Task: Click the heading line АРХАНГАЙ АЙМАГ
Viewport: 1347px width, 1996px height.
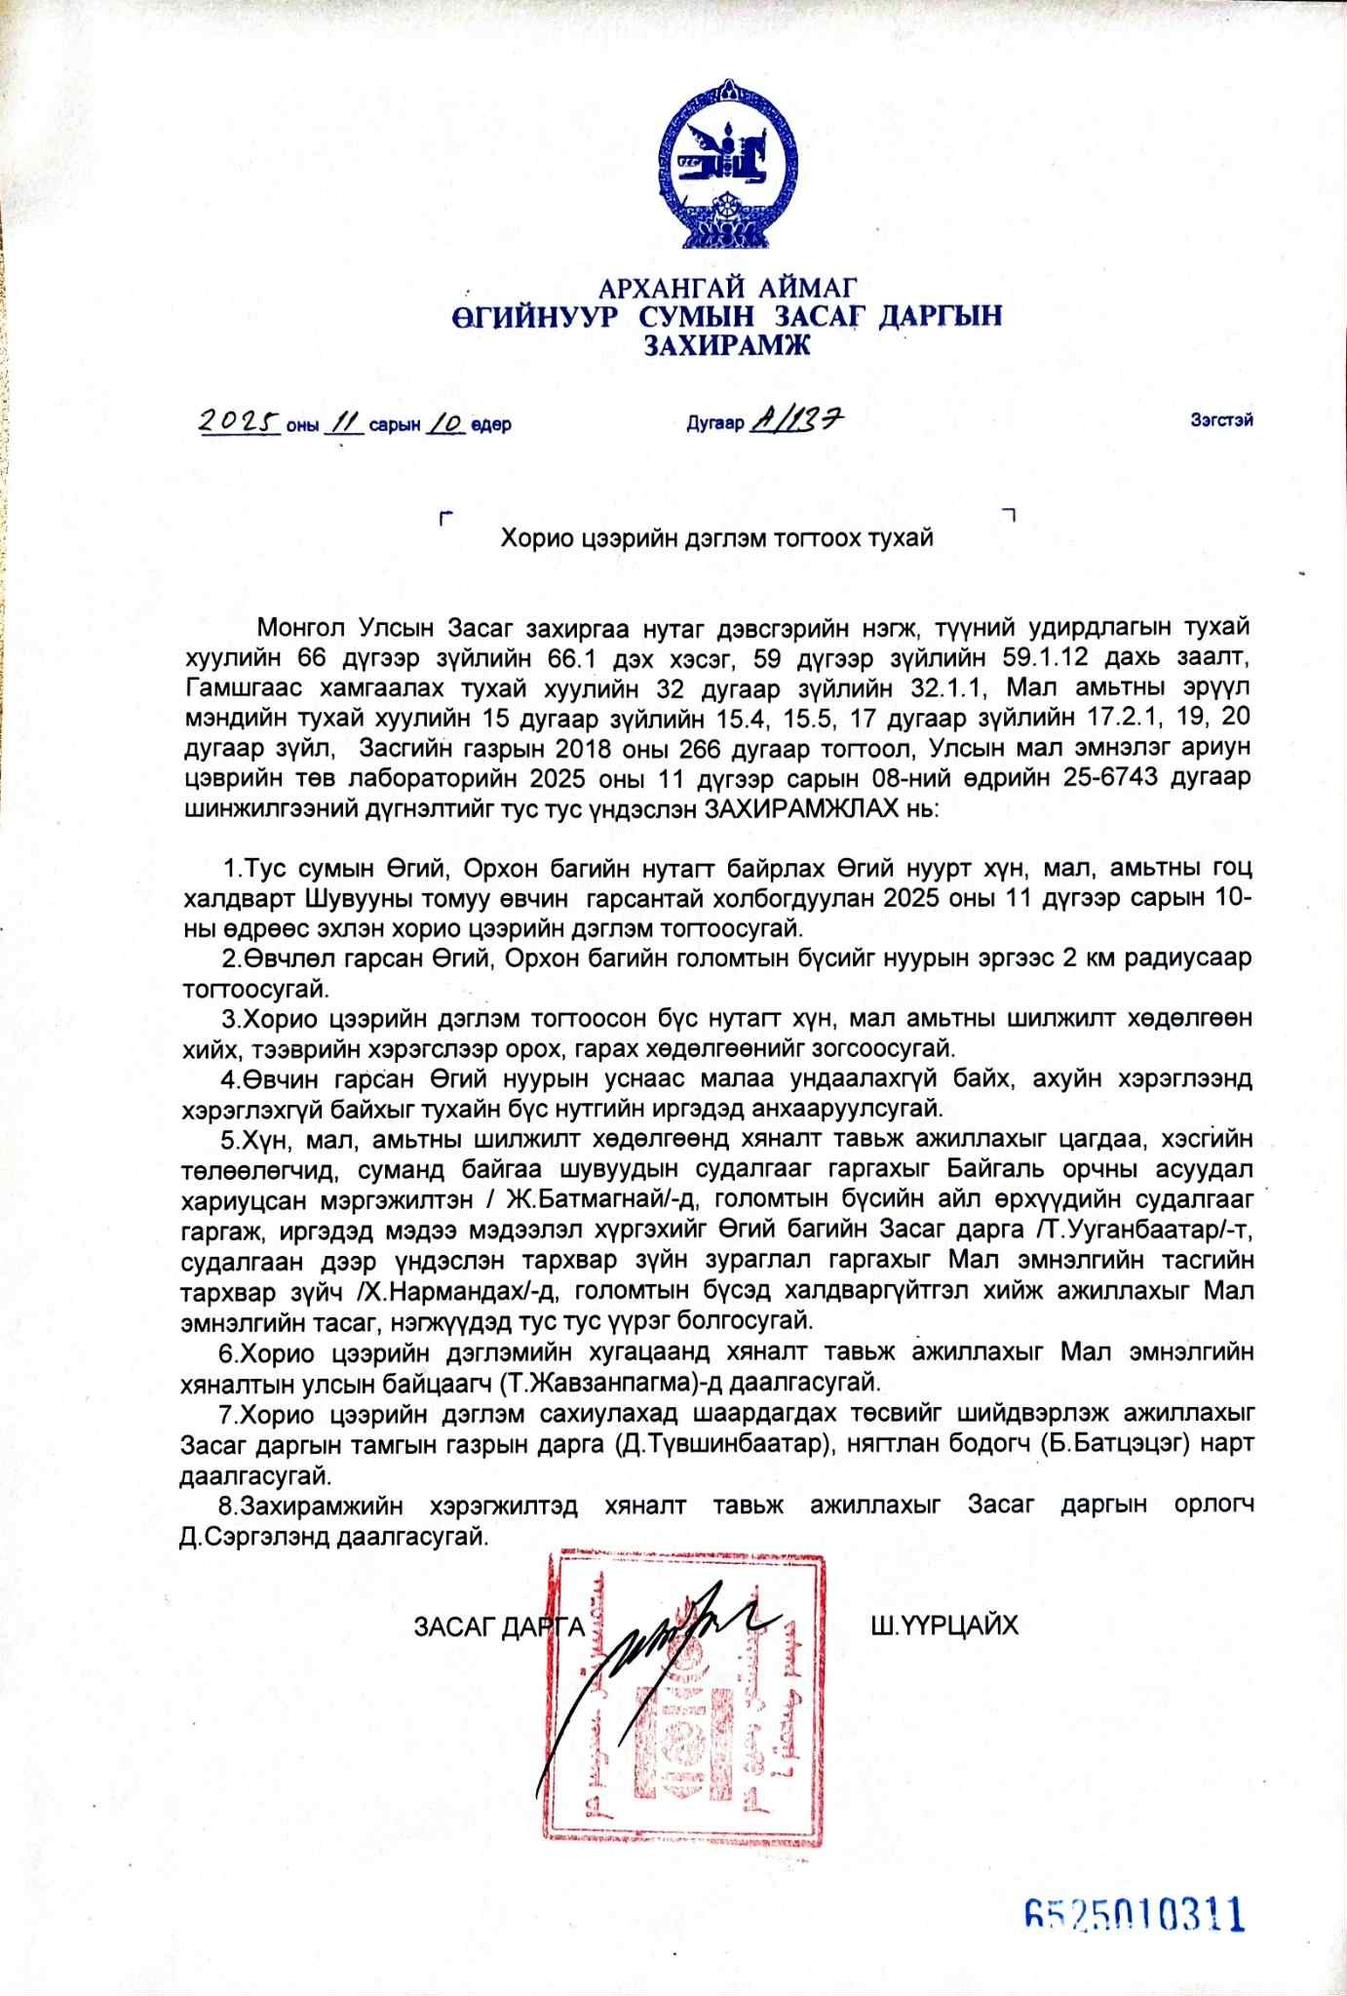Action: click(727, 288)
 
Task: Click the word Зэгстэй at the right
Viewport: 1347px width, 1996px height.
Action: click(1220, 420)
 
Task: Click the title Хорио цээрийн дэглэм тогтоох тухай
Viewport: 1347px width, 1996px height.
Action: click(717, 537)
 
